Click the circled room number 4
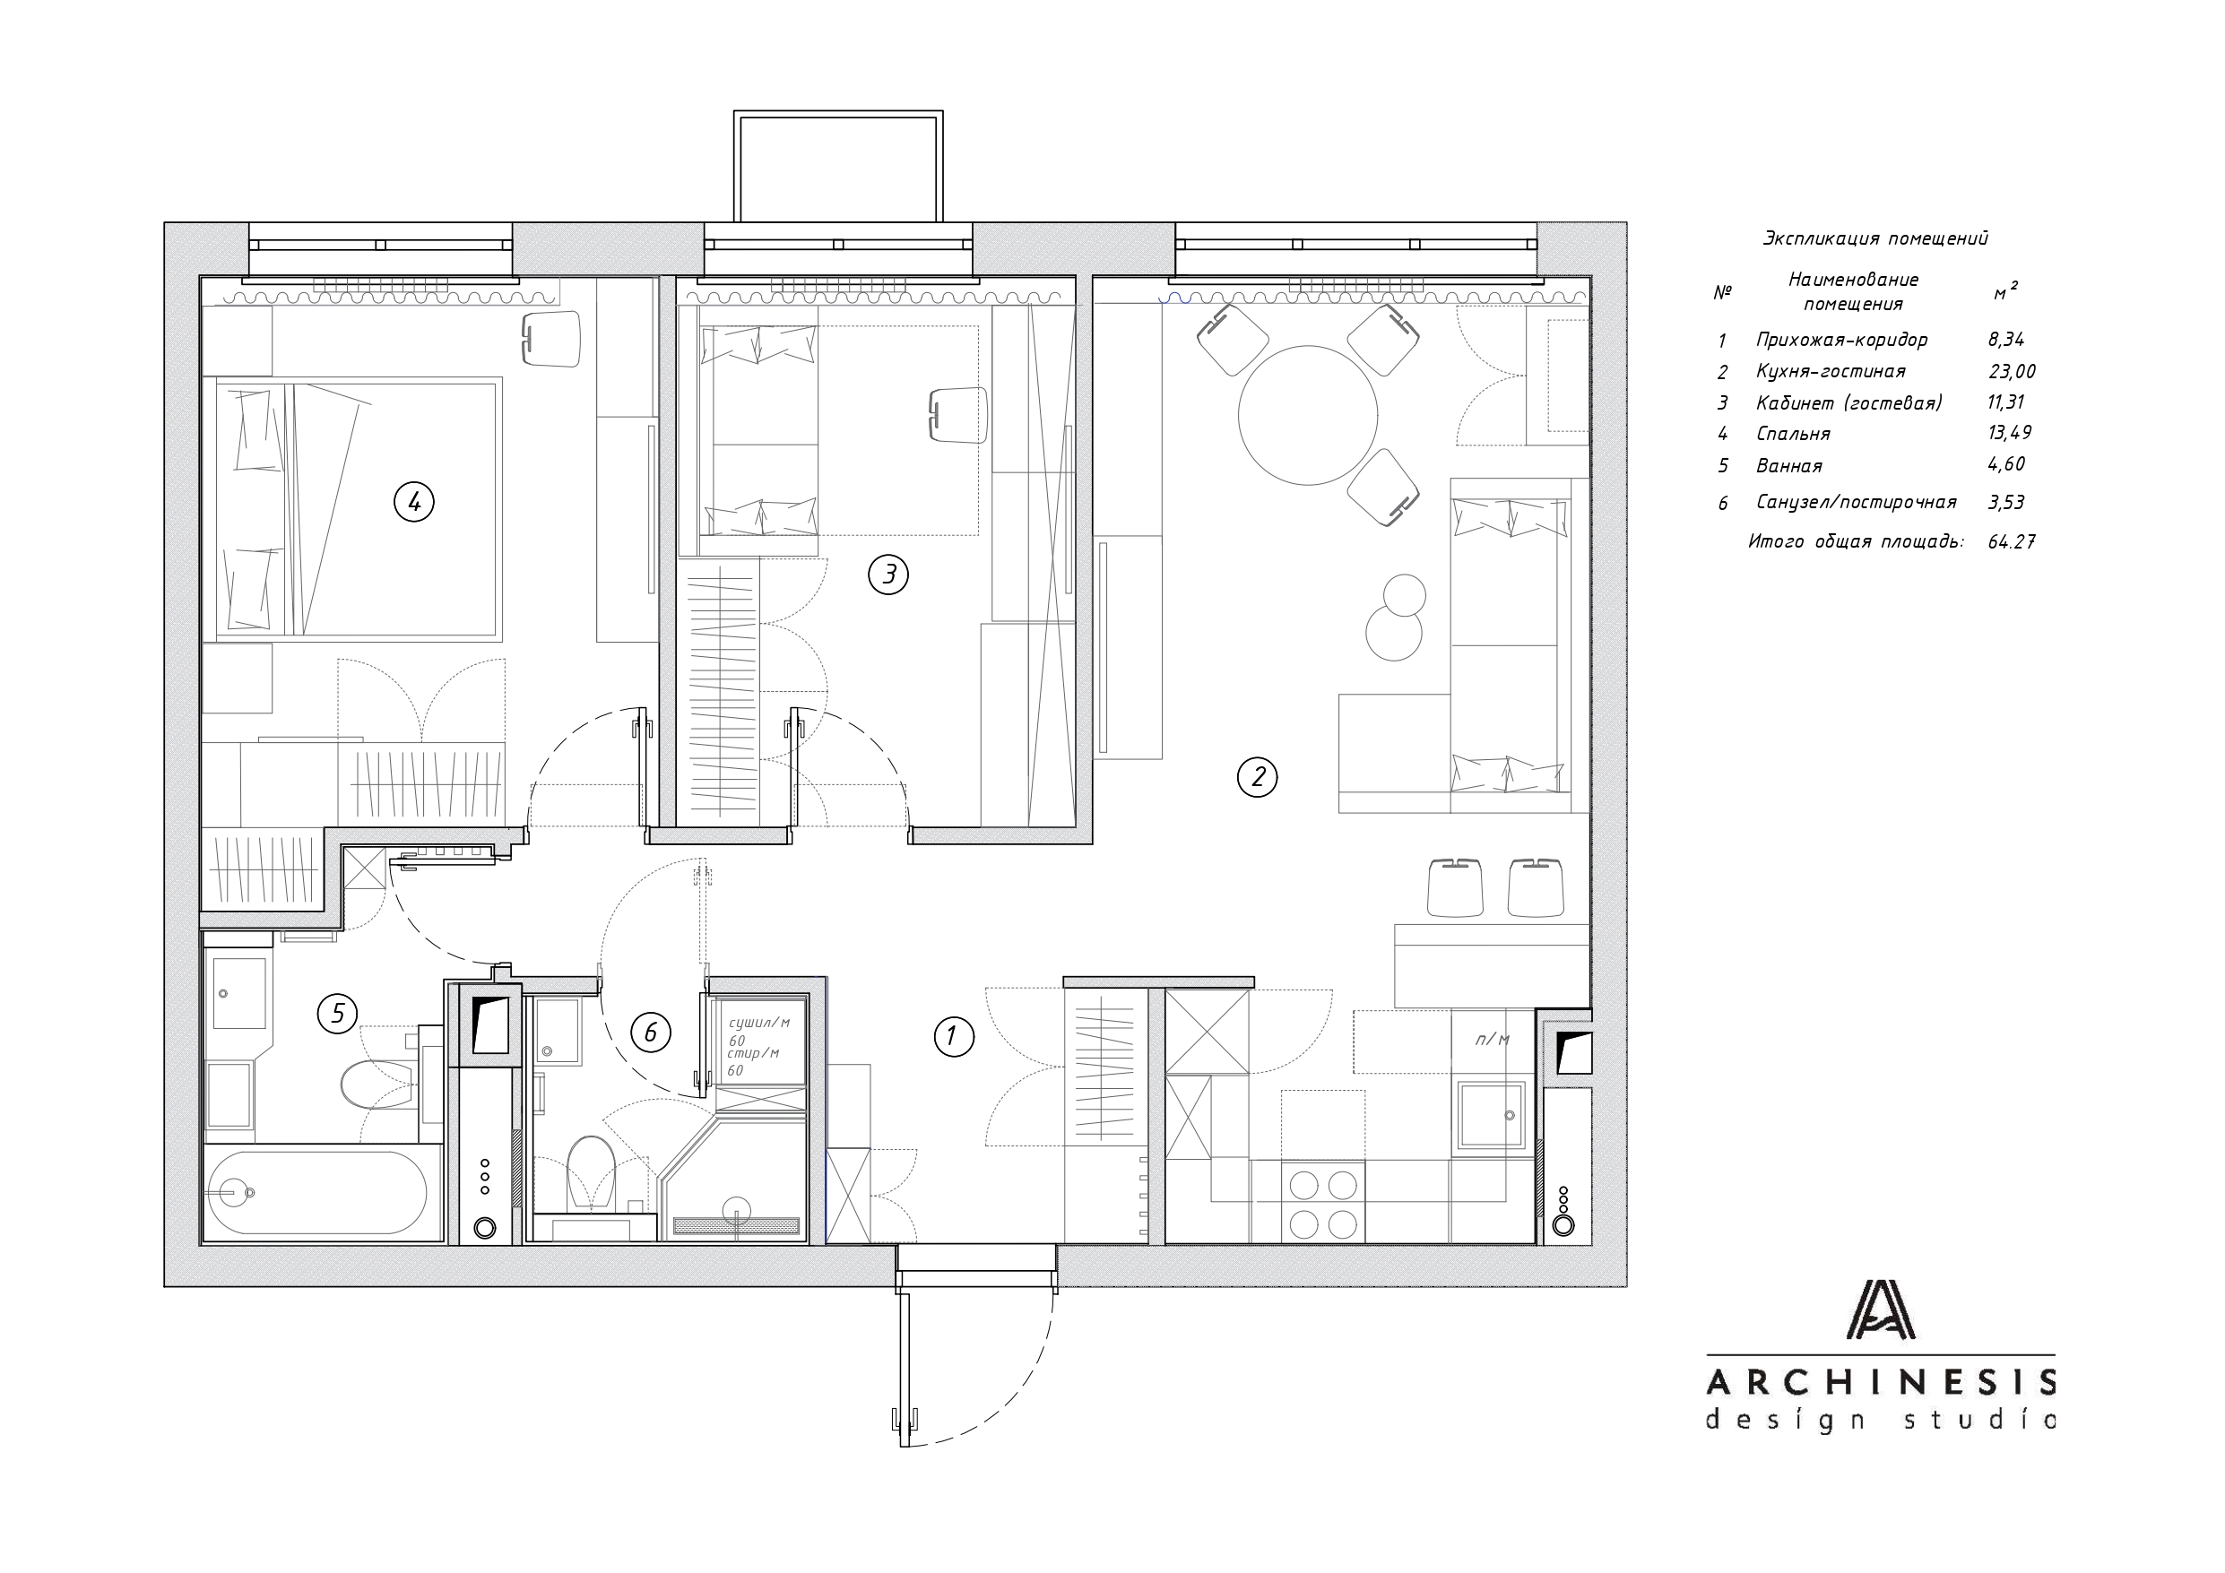point(414,502)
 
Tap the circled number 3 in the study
point(888,575)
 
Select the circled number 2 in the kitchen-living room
point(1258,776)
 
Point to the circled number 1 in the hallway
point(954,1036)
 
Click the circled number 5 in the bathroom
point(337,1014)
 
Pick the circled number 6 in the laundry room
point(650,1033)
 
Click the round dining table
point(1308,415)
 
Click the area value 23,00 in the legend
point(2012,371)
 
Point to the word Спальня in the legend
point(1793,433)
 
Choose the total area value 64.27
point(2012,541)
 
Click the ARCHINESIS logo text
point(1881,1381)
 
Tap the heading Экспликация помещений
point(1875,238)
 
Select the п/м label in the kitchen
point(1493,1040)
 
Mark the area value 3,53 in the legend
point(2006,502)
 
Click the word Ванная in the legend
point(1789,465)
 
